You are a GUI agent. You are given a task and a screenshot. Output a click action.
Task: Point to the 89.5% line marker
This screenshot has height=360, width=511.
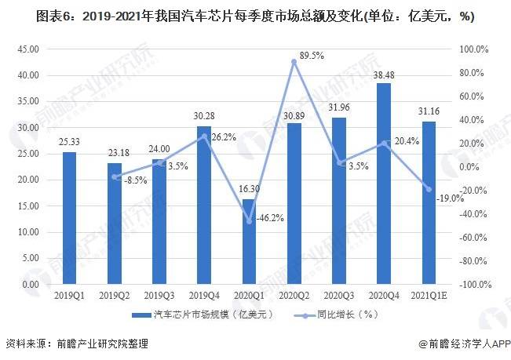294,61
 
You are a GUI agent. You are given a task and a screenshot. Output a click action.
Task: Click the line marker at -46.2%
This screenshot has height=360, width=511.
249,221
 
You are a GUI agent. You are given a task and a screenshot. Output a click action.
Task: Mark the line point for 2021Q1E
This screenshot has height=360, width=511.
429,189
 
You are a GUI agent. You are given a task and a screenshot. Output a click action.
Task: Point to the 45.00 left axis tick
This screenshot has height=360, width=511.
29,49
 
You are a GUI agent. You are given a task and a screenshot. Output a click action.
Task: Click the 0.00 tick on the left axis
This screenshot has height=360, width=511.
31,284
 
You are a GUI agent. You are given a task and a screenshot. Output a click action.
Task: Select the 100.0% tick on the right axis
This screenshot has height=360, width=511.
474,49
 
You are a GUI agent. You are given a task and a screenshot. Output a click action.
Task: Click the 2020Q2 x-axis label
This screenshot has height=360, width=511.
294,296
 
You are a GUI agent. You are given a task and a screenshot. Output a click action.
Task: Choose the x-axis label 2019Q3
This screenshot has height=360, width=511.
159,296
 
